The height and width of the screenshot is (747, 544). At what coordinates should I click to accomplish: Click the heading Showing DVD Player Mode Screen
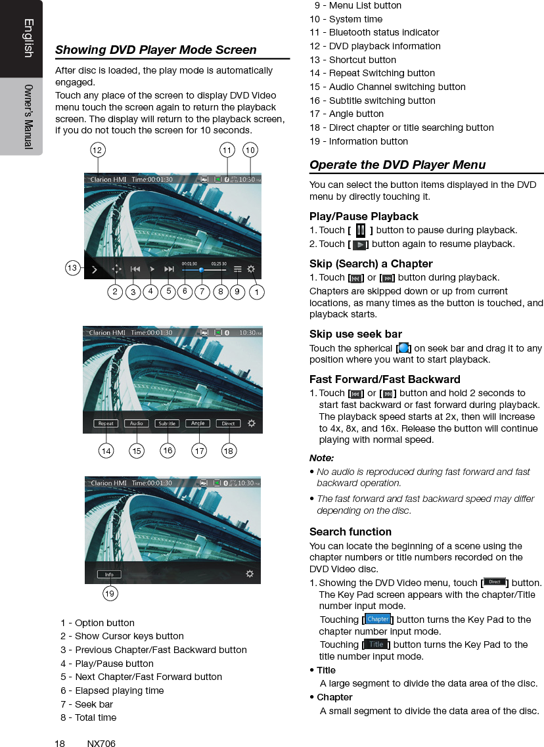point(156,50)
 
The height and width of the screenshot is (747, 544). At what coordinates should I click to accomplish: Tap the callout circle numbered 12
point(97,150)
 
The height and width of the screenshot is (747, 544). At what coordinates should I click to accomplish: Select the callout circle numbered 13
point(73,268)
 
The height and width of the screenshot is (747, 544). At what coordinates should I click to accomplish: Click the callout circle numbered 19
point(110,594)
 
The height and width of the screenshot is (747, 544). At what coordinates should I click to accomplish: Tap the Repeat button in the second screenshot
point(106,424)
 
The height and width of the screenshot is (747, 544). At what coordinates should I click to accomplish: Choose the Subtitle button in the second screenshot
point(167,424)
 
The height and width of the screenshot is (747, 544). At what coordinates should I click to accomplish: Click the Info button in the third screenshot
point(109,574)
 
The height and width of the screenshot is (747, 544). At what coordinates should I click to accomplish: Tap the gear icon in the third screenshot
point(250,574)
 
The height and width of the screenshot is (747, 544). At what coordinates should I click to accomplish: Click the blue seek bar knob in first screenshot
point(201,269)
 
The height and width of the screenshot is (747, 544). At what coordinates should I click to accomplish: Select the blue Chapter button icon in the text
point(378,619)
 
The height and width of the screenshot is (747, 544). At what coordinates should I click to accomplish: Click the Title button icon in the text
point(376,645)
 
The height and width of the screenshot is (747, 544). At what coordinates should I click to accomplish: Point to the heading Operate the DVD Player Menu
point(397,165)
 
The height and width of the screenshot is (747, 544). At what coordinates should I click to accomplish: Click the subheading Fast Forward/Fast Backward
point(384,379)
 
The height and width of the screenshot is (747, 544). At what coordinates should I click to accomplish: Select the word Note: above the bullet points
point(321,458)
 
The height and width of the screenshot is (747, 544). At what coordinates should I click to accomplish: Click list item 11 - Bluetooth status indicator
point(374,32)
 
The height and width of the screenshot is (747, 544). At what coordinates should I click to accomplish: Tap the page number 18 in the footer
point(60,744)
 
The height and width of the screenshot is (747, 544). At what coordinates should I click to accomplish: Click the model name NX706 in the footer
point(101,744)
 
